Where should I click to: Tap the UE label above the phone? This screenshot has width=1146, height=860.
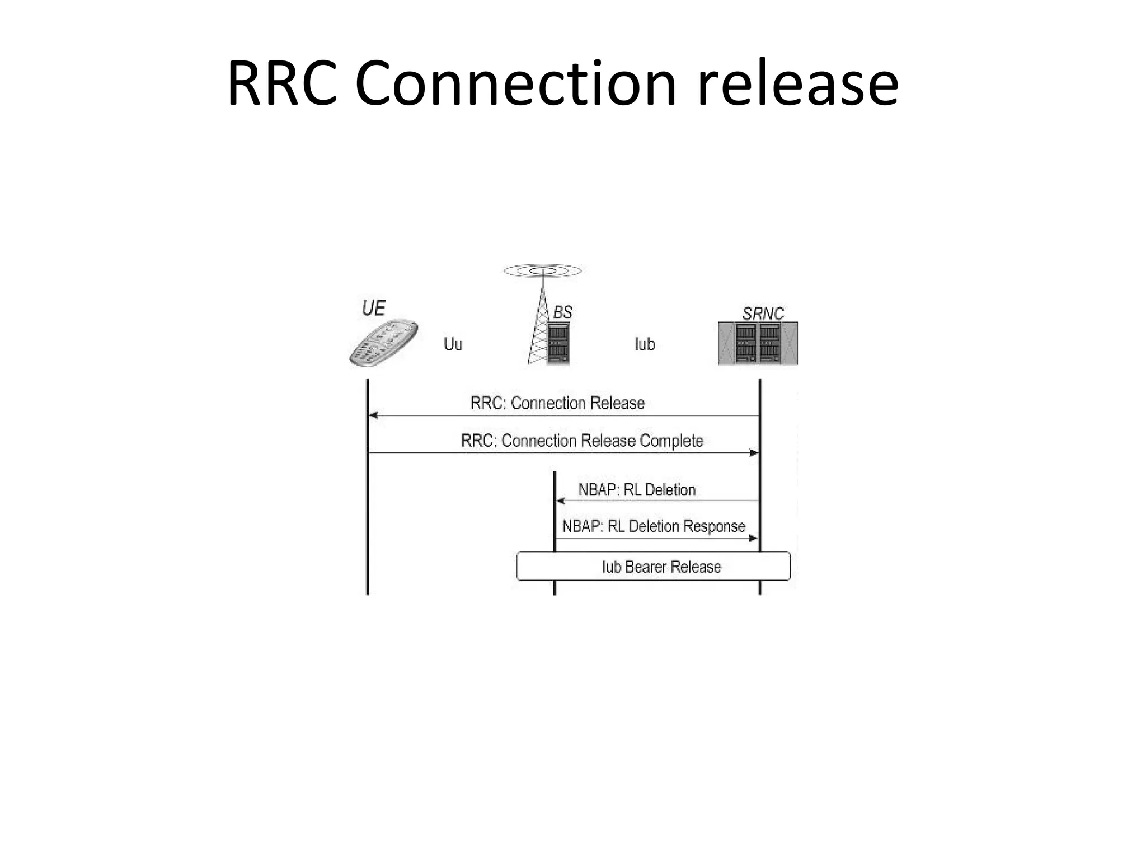pos(374,308)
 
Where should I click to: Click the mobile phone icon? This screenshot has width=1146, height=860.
pos(383,343)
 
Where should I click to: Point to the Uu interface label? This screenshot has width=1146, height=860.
pos(453,344)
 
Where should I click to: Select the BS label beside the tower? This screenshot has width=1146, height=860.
pos(562,312)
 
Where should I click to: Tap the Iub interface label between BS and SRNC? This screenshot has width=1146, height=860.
pos(645,344)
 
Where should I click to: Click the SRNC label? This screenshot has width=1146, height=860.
pos(763,314)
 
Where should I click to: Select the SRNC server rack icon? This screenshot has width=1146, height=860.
pos(758,344)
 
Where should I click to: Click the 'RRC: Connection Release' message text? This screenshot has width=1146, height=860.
pos(557,403)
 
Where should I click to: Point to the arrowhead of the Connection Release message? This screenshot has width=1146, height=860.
pos(373,415)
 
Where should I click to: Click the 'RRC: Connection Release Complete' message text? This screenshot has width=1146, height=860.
pos(582,441)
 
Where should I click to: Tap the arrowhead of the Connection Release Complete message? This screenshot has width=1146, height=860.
pos(754,452)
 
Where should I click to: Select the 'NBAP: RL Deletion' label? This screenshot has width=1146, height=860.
pos(637,489)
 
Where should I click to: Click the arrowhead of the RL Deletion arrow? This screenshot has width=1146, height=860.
pos(560,501)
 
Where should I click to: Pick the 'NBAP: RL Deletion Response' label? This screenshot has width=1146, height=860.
pos(654,526)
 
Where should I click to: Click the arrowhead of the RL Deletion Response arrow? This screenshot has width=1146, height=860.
pos(753,538)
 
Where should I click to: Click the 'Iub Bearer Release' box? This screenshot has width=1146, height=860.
pos(653,567)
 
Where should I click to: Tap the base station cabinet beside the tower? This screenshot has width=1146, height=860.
pos(558,343)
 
